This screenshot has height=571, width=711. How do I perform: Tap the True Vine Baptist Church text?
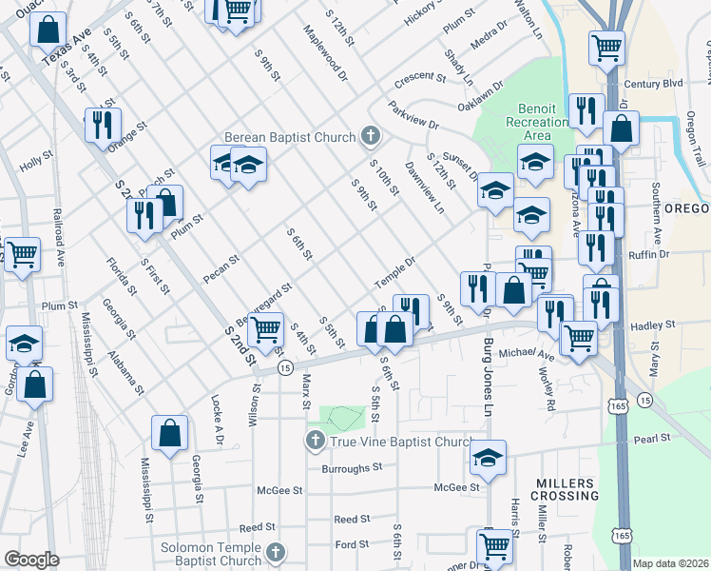pos(399,442)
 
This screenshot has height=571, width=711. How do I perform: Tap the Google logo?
pos(32,560)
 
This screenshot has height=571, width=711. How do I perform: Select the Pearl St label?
pos(653,439)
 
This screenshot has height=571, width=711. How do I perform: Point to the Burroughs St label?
pos(351,468)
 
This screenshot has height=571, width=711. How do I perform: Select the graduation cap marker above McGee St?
pos(488,458)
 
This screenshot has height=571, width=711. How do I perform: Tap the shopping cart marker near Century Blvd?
pos(606,46)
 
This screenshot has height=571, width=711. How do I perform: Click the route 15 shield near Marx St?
pos(284,368)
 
